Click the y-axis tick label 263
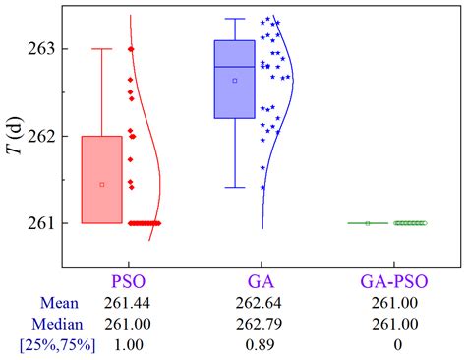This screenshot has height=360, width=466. pos(42,48)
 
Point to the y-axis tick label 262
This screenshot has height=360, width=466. pos(42,136)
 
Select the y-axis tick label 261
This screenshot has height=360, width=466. pos(42,223)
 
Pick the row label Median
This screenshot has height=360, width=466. pos(52,326)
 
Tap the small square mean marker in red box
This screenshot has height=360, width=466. pos(102,184)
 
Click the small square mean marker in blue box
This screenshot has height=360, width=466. pos(235,80)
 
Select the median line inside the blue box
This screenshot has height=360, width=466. pos(235,67)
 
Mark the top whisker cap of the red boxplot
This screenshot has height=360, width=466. pos(102,48)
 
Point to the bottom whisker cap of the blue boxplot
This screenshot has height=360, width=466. pos(235,187)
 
